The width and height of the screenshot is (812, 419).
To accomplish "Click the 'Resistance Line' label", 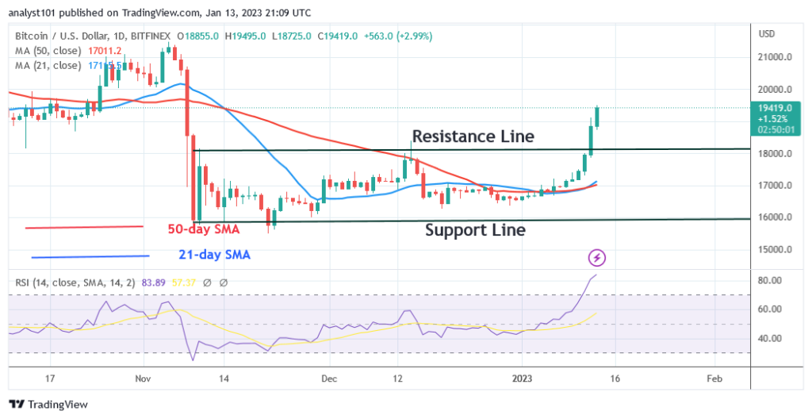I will tap(473, 136).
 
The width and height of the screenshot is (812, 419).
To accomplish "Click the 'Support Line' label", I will tap(475, 230).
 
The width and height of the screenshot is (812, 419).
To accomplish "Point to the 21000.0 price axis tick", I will tap(776, 57).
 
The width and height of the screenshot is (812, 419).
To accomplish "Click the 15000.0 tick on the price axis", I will tap(776, 249).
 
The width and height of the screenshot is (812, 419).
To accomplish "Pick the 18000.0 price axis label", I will tap(776, 153).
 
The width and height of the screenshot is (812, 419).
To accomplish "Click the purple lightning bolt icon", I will tap(597, 257).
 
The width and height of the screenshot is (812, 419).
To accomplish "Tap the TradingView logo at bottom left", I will tap(48, 404).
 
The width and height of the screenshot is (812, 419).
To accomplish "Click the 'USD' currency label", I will tap(767, 34).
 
